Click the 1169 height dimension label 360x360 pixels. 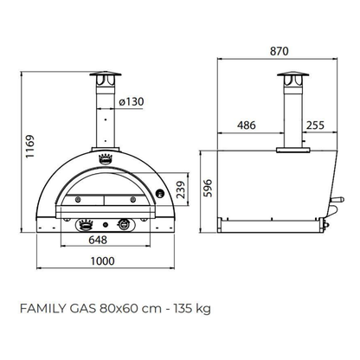coord(29,146)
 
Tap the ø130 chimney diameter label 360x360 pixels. coord(132,101)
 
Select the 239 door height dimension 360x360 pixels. coord(181,190)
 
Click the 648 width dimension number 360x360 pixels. coord(98,240)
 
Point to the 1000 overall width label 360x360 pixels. coord(103,261)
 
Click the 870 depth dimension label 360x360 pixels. coord(279,51)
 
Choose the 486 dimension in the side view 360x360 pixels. coord(247,125)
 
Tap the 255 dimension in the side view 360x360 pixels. coord(315,125)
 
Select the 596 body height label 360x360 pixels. coord(208,188)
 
